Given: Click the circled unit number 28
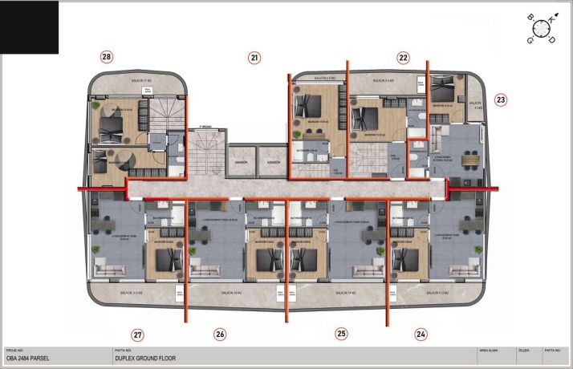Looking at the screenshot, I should coord(106,56).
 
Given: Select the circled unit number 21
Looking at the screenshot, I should coord(254,57).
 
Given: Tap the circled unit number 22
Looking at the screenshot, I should coord(404,57).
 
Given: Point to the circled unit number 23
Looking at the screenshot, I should coord(501,100).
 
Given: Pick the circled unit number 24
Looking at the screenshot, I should coord(421,334).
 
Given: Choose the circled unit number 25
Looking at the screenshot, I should coord(342,334).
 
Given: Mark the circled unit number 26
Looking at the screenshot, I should coord(220,334).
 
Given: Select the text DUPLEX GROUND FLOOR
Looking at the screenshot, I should coord(145,359).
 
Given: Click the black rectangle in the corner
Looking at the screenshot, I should coord(30,26).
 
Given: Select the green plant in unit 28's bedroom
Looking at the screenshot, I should coord(96,106).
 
